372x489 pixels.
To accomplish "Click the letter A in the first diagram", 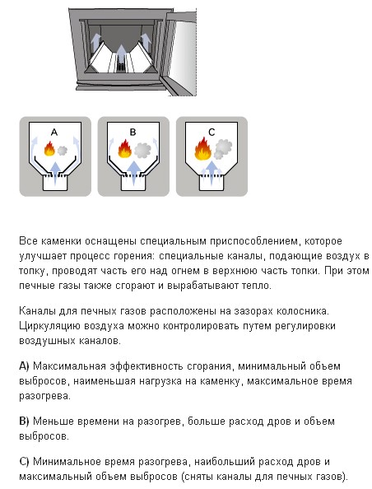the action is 54,133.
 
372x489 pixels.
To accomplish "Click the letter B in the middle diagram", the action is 133,133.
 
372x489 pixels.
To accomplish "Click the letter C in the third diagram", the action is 212,133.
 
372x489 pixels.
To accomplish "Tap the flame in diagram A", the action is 49,148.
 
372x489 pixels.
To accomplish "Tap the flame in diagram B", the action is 125,148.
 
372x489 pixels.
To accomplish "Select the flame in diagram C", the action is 202,149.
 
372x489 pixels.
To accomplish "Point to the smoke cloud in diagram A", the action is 62,151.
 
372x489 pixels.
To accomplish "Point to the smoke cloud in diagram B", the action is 142,151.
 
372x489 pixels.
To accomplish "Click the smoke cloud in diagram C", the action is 223,148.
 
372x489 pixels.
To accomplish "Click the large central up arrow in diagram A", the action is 55,173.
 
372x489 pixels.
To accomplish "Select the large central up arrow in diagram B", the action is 134,172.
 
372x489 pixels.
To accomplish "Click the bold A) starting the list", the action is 24,366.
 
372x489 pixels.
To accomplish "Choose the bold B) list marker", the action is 24,421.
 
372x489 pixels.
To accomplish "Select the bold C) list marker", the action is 24,462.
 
